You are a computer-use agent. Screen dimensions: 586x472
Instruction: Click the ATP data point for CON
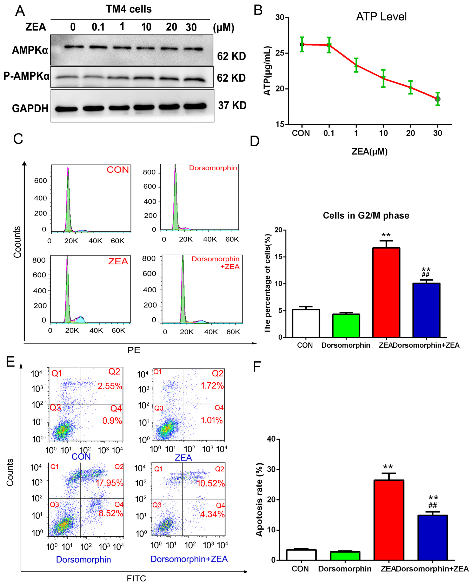pos(302,44)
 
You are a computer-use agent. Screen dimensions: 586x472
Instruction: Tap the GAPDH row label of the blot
pos(30,108)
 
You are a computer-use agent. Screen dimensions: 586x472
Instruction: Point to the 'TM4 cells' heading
pos(129,9)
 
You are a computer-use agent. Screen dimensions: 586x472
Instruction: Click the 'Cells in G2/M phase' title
pos(366,215)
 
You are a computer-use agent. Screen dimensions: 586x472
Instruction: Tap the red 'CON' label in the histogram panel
pos(118,170)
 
